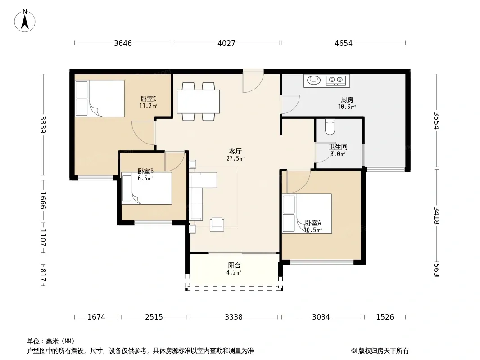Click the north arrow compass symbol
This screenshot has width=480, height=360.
[25, 21]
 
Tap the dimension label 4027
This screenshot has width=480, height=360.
[226, 43]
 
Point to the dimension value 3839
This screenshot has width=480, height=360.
[43, 125]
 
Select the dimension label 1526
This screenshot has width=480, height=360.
[385, 317]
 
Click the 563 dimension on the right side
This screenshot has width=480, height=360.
[436, 270]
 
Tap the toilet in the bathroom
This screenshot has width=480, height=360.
[330, 127]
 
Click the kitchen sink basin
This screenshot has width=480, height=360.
[314, 80]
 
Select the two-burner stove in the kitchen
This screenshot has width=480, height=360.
[336, 80]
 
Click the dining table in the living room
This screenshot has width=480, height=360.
[199, 102]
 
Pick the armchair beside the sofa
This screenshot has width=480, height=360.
[217, 224]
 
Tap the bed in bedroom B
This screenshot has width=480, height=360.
[147, 188]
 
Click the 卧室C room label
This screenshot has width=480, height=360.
[149, 99]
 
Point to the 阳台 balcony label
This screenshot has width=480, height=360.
[234, 265]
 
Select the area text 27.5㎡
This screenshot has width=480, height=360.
[235, 158]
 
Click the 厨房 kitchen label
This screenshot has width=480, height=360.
[347, 100]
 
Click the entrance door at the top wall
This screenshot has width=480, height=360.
[253, 81]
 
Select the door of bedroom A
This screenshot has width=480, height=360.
[299, 182]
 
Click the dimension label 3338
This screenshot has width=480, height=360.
[234, 317]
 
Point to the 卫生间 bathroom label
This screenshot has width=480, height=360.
[338, 147]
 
